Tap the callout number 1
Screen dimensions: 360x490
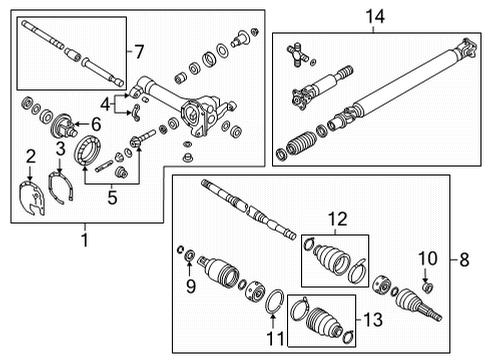click(x=84, y=240)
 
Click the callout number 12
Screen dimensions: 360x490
click(x=332, y=217)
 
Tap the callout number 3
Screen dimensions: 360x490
click(x=61, y=149)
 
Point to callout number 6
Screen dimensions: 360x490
click(x=97, y=123)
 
